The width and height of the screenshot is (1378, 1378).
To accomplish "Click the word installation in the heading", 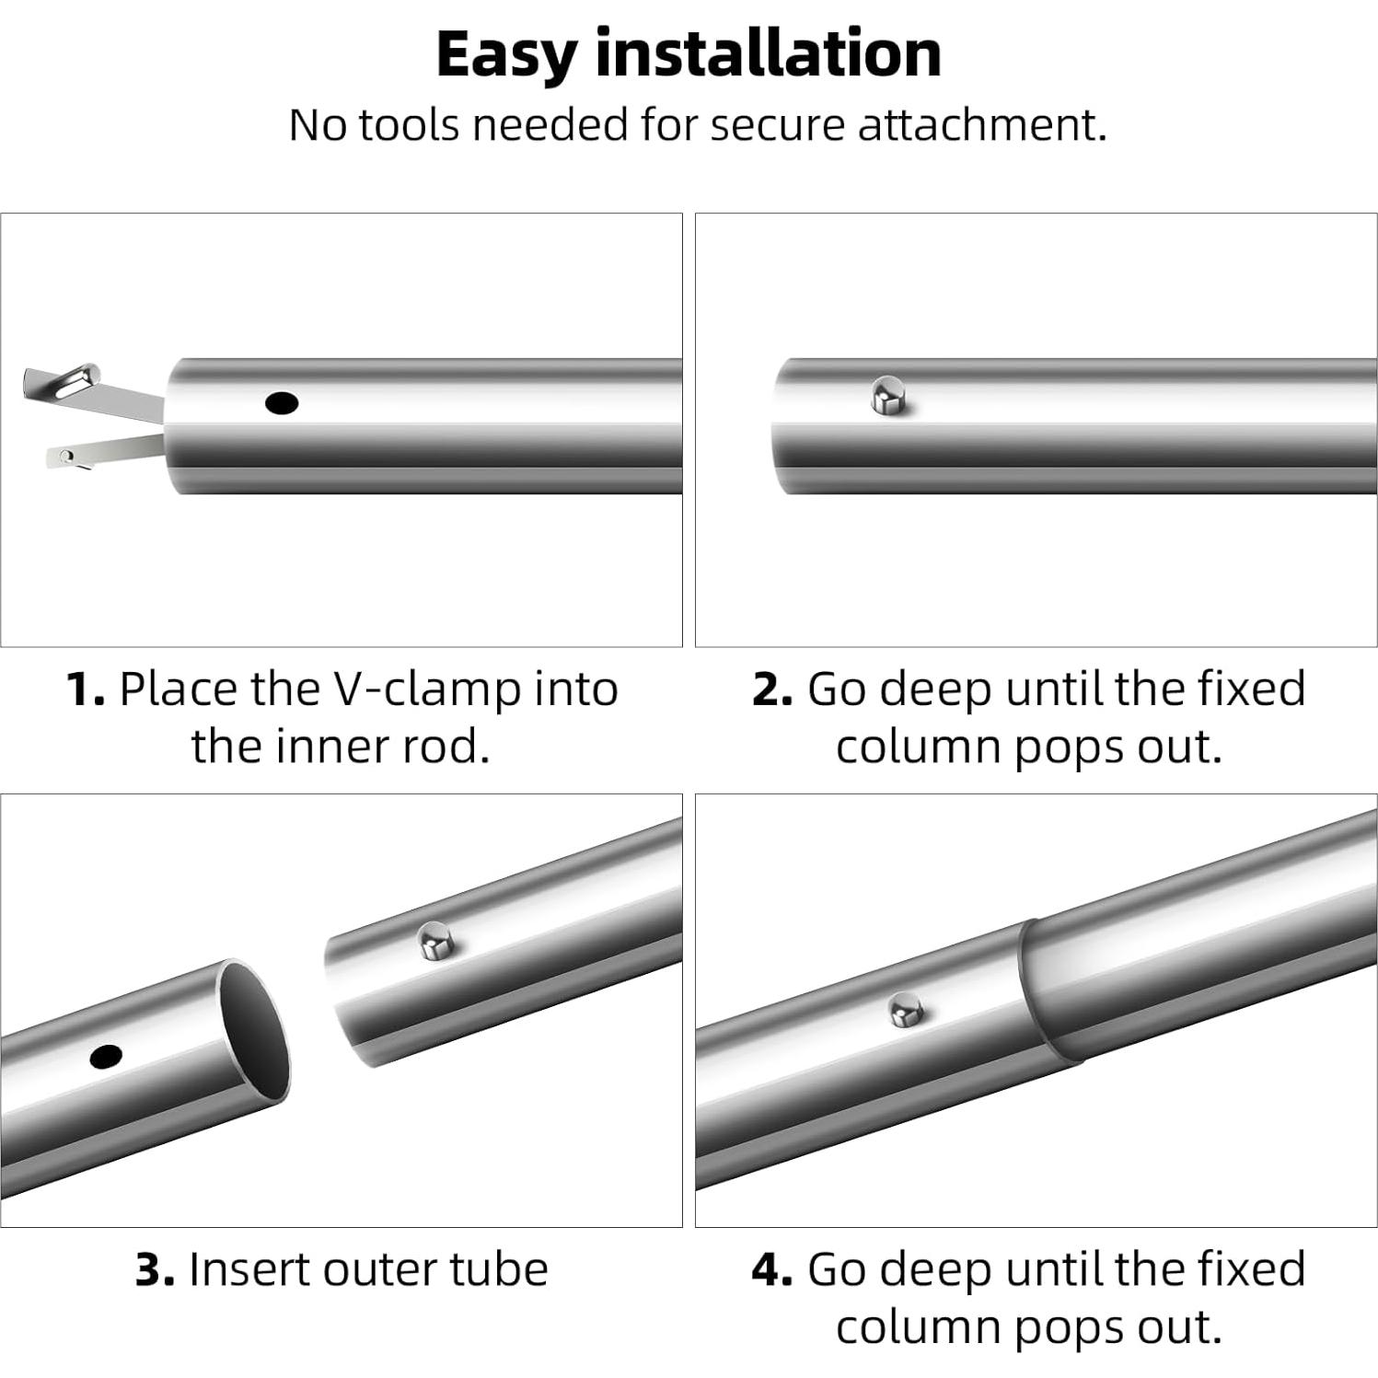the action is coord(769,52).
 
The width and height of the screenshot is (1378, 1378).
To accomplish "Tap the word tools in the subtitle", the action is coord(408,124).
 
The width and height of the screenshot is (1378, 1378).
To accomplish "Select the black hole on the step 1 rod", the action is coord(281,402).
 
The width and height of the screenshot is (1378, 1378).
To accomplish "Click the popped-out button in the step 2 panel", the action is coord(889,395).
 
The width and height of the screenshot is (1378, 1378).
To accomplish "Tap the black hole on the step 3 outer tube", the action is coord(107,1057).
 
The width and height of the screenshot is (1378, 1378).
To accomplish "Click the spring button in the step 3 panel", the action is coord(435,941).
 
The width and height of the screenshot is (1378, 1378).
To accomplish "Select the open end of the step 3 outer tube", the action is coord(252,1030).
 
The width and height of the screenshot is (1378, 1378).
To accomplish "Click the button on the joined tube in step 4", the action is coord(908,1011).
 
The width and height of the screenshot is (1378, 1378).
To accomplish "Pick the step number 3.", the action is coord(155,1270).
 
